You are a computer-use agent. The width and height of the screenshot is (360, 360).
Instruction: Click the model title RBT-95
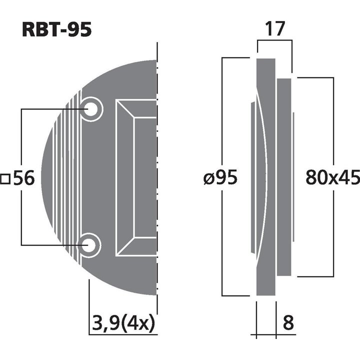(x=56, y=29)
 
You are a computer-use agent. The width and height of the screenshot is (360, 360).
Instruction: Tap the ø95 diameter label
(x=220, y=178)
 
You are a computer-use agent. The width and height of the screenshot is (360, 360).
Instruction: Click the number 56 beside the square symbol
(x=23, y=178)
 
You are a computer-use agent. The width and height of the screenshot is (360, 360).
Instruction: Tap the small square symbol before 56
(x=6, y=178)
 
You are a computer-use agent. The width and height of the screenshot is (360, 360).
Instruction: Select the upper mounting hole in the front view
(x=91, y=108)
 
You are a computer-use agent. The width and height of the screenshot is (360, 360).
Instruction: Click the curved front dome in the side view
(x=260, y=178)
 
